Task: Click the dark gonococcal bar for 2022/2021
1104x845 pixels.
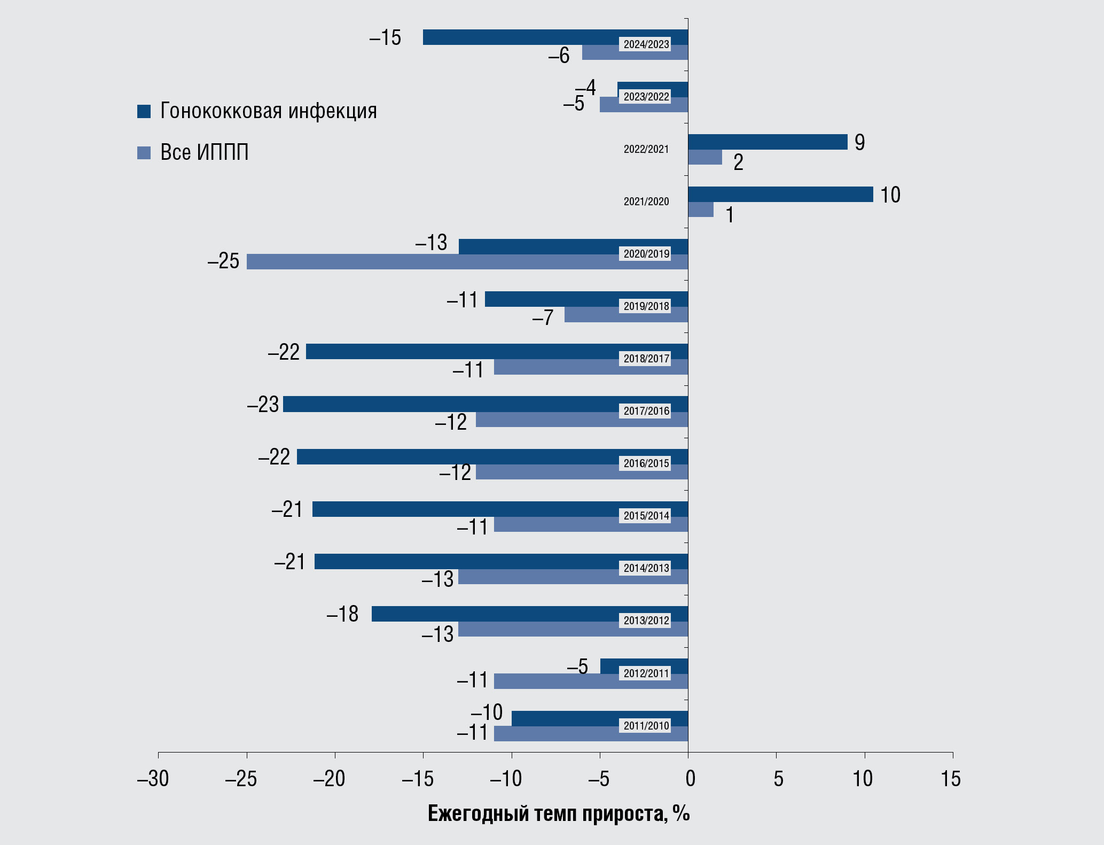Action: [768, 142]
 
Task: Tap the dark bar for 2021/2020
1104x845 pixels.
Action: [780, 194]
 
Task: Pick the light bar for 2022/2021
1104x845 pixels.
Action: [705, 157]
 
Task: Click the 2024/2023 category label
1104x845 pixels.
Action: [646, 44]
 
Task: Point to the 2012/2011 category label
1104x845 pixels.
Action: [646, 673]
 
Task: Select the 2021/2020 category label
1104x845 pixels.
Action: [646, 201]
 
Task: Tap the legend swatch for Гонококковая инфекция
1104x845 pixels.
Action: [144, 111]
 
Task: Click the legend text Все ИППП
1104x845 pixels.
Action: [205, 153]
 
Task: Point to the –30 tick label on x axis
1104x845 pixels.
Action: [153, 779]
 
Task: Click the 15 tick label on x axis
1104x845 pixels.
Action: [951, 779]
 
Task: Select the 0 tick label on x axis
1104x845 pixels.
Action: [690, 779]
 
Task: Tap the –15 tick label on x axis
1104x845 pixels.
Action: [418, 779]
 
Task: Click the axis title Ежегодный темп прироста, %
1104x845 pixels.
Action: [559, 813]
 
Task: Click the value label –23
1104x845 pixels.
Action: [263, 405]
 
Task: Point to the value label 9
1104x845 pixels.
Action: [859, 142]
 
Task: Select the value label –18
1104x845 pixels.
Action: [342, 614]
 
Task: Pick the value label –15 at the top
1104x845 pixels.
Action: [385, 38]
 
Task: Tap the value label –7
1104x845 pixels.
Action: [543, 318]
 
